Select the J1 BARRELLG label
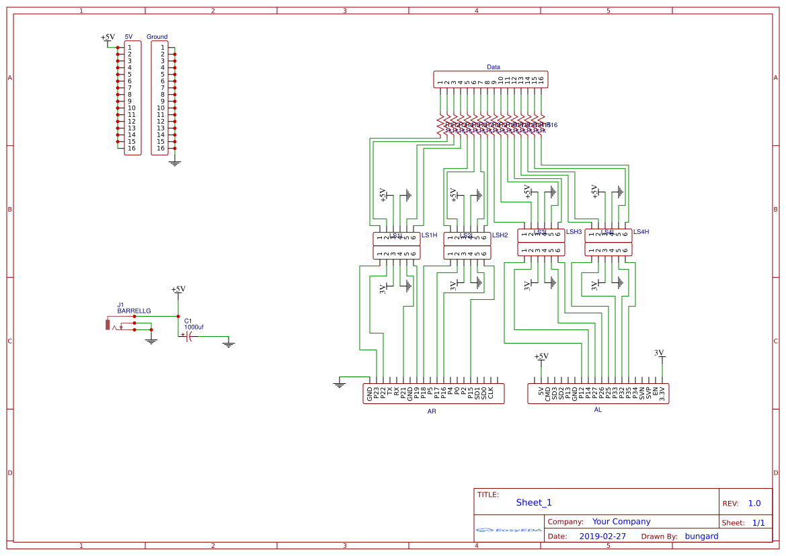134,308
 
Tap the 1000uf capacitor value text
194,327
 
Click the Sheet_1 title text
534,502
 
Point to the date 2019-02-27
602,537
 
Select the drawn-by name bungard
701,537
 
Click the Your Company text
621,522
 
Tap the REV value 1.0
754,503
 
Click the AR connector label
432,411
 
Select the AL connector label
598,409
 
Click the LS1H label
429,235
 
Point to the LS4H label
641,232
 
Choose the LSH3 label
574,232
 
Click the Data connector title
493,67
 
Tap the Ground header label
157,37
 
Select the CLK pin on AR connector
491,393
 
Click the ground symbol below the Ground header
175,163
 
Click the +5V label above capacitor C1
178,289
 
